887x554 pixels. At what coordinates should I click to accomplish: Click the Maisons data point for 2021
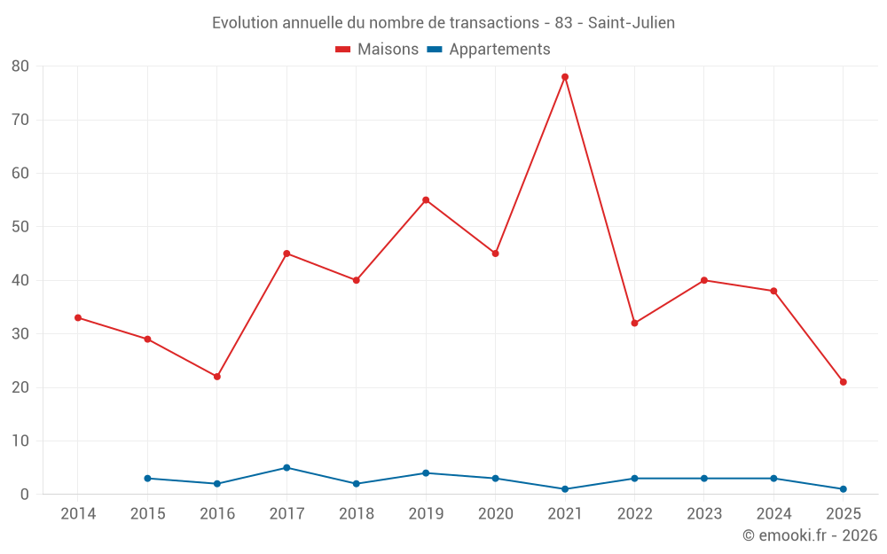[x=565, y=77]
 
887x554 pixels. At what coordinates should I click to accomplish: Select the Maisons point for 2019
[x=426, y=200]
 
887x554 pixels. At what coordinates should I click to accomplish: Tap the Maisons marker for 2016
[x=217, y=377]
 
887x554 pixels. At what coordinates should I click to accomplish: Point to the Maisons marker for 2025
[x=844, y=382]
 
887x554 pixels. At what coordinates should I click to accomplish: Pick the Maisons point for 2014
[x=78, y=317]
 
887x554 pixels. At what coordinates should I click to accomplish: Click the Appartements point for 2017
[x=287, y=468]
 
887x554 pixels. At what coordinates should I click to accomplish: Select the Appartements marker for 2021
[x=565, y=489]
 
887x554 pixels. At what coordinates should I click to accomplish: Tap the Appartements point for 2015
[x=147, y=479]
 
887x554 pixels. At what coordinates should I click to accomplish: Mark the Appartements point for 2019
[x=426, y=473]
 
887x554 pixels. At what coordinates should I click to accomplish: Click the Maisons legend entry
[x=377, y=50]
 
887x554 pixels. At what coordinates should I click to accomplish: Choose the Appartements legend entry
[x=489, y=50]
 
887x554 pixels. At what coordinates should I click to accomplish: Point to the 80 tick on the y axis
[x=20, y=66]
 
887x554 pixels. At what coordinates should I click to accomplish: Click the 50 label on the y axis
[x=20, y=227]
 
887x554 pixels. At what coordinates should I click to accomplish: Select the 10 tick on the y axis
[x=20, y=441]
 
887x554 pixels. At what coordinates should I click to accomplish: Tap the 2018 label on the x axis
[x=357, y=514]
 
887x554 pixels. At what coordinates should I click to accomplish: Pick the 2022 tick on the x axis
[x=635, y=514]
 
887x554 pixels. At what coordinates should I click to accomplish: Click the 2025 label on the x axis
[x=844, y=514]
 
